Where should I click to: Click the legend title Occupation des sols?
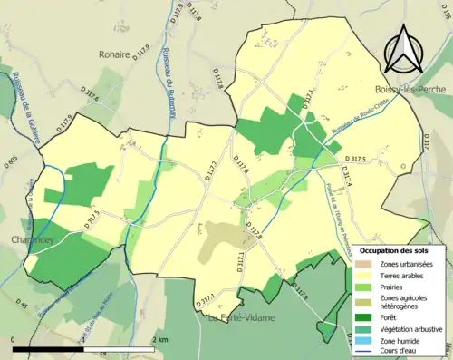[396, 249]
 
